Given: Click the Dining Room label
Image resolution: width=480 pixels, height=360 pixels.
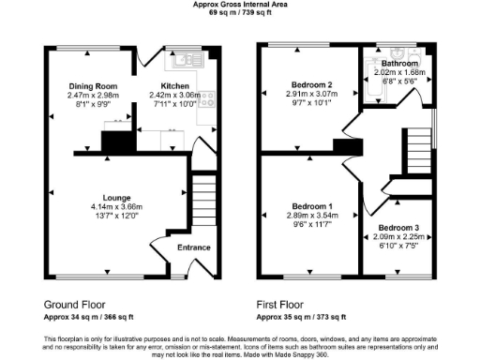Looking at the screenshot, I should [91, 85].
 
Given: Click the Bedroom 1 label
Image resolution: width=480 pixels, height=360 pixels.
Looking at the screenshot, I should [309, 205].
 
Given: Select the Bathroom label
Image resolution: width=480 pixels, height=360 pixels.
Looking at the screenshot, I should [400, 63].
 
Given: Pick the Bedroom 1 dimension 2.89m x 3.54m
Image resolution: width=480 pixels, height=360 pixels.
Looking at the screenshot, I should [309, 215].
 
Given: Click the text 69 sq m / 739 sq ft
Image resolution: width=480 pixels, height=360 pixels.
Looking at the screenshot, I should [239, 14].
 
